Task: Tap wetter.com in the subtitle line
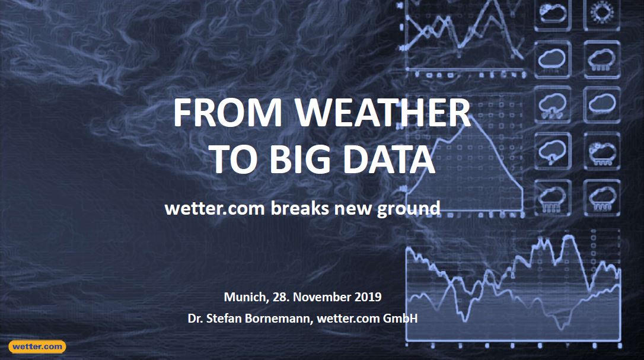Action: pos(215,208)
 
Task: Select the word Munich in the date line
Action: pos(244,297)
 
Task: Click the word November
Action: pos(319,297)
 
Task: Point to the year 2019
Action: pos(368,297)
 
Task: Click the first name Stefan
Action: pos(226,318)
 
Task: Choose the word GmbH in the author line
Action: pos(400,318)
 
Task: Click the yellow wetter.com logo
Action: pos(37,346)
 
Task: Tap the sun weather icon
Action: pos(602,13)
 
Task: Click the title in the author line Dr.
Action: pos(195,318)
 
